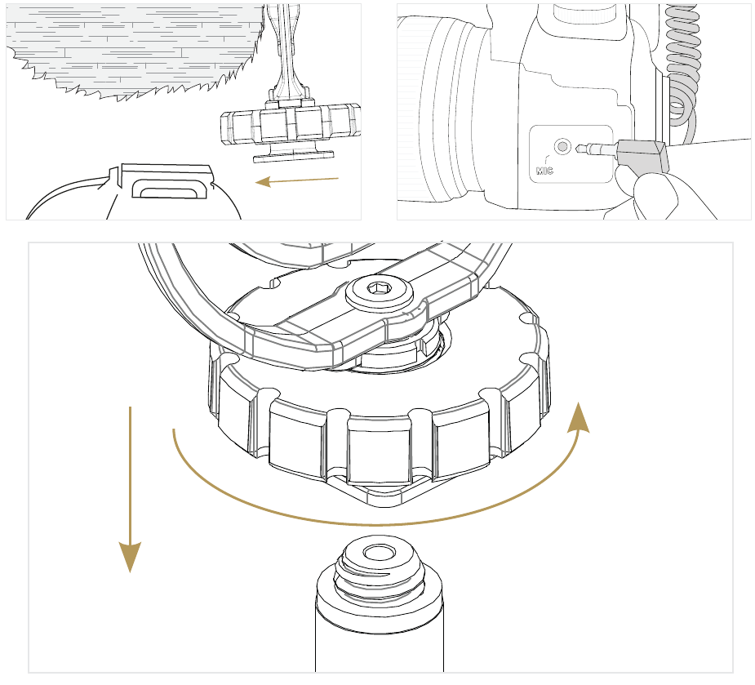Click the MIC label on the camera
[544, 171]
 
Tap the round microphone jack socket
[562, 146]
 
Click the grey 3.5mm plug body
[643, 156]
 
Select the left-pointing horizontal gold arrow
[296, 181]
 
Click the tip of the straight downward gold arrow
[130, 572]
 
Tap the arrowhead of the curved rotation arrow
[578, 417]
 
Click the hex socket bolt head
[380, 291]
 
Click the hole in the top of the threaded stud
[379, 553]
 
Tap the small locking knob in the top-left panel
[291, 124]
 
